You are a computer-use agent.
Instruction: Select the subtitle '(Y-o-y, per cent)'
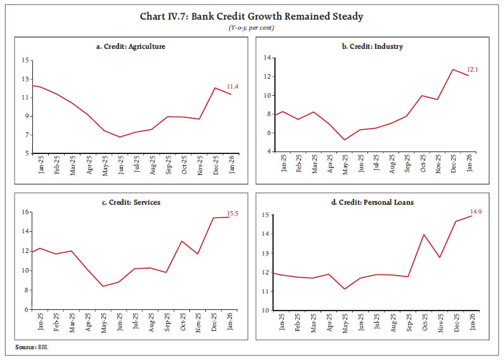tap(251, 27)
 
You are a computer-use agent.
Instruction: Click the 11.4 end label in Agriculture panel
tap(234, 87)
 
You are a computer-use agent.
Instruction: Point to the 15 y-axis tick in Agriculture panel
tap(25, 60)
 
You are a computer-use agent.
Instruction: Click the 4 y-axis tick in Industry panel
tap(269, 153)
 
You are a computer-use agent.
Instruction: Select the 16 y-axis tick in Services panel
tap(25, 212)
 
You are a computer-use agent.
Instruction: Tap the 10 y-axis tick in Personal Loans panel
tap(268, 311)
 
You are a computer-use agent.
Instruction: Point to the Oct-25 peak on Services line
tap(182, 241)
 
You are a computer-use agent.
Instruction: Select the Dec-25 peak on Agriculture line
tap(215, 88)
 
